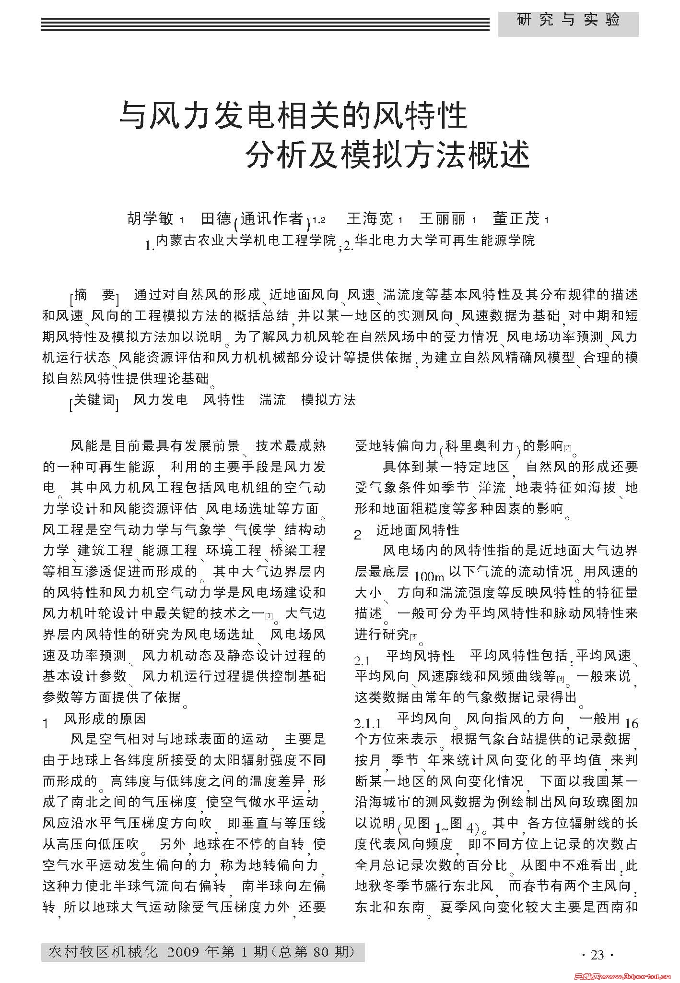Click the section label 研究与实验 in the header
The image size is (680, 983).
click(568, 20)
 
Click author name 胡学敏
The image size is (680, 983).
click(151, 219)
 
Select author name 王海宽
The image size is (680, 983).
click(369, 219)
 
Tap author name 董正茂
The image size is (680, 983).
click(516, 219)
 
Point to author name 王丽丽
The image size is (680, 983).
click(442, 219)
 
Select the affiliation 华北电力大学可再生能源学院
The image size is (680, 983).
click(445, 240)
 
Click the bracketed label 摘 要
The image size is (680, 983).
click(94, 295)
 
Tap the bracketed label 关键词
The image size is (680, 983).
click(94, 400)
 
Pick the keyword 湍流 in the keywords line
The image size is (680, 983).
click(272, 400)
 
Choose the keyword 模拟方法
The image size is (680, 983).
click(328, 400)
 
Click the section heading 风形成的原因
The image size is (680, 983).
click(105, 719)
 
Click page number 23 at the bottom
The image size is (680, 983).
click(597, 955)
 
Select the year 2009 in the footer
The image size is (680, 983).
click(183, 952)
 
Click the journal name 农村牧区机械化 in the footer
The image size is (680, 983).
click(103, 952)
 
